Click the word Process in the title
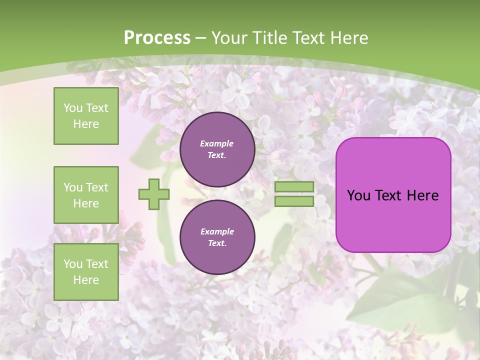157,37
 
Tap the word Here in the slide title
349,38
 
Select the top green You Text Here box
86,116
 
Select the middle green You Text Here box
86,195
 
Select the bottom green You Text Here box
86,271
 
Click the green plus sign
154,194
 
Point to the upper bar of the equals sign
294,186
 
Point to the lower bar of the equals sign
294,201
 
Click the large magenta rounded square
393,220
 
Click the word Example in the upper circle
217,143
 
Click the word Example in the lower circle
217,231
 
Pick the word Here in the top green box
86,124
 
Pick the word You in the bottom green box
72,264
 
